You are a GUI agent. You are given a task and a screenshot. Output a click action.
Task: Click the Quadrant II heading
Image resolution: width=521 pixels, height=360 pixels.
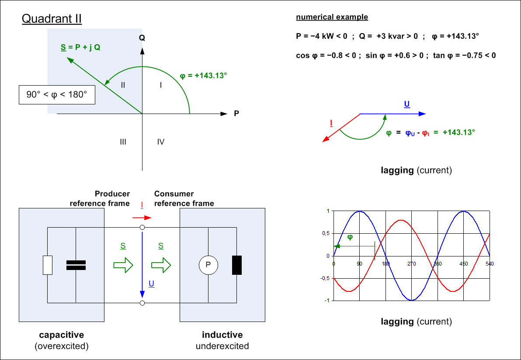click(x=52, y=19)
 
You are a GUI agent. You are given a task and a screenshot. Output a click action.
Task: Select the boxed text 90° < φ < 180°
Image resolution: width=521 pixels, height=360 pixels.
click(x=57, y=95)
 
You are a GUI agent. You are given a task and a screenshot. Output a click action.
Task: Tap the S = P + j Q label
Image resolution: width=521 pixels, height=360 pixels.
click(x=80, y=47)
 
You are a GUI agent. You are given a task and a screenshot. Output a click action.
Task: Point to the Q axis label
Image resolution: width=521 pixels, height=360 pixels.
click(x=142, y=38)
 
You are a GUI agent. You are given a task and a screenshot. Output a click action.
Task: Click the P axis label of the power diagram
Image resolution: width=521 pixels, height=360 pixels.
click(x=236, y=114)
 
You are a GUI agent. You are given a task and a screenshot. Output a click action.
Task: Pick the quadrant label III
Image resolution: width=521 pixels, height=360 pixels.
click(x=123, y=142)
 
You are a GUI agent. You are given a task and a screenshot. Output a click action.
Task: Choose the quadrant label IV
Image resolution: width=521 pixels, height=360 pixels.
click(x=160, y=142)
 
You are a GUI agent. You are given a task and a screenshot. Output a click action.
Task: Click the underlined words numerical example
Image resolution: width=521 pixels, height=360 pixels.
click(x=332, y=17)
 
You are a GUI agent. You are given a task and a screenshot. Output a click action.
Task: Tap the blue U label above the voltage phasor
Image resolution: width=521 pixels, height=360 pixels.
click(x=407, y=105)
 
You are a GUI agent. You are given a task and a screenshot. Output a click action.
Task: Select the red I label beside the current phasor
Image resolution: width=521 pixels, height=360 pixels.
click(x=332, y=123)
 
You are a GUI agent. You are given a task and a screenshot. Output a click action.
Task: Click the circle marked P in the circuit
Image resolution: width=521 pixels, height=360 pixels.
click(x=208, y=265)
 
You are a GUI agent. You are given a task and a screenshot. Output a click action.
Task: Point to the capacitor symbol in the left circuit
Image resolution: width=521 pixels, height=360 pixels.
click(x=76, y=265)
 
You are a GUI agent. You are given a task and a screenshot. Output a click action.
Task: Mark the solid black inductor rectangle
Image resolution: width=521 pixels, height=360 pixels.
click(x=237, y=265)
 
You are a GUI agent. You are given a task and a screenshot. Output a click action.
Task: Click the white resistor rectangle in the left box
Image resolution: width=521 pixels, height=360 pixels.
click(x=48, y=265)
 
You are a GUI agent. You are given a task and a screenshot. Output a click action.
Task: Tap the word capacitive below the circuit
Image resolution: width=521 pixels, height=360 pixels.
click(x=61, y=335)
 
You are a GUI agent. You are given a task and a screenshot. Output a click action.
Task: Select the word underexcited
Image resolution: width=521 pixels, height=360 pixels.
click(x=222, y=346)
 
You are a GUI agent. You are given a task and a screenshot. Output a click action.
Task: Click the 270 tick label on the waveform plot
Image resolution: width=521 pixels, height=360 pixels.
click(x=411, y=264)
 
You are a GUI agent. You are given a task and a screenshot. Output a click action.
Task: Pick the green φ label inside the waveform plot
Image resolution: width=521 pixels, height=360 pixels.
click(x=350, y=237)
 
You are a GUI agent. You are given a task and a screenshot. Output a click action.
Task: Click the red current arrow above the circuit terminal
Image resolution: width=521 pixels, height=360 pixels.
click(x=142, y=218)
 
